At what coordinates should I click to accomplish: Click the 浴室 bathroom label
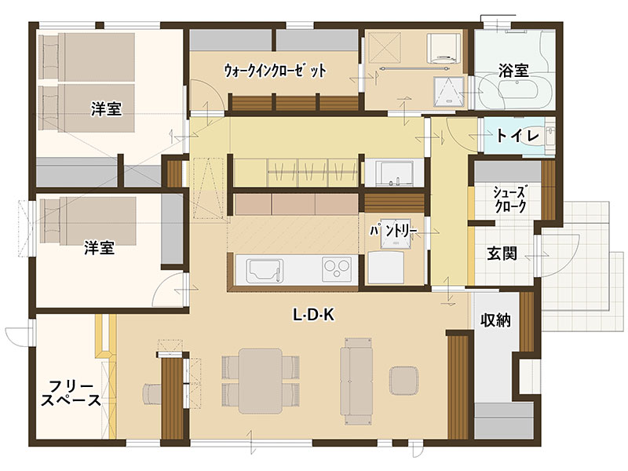[513, 71]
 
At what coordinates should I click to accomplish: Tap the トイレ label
[517, 136]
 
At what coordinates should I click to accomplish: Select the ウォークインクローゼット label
[275, 71]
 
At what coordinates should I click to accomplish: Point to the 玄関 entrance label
[502, 253]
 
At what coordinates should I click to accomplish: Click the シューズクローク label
[509, 199]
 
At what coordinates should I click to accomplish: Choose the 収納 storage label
[495, 320]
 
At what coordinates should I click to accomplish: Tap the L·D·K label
[313, 316]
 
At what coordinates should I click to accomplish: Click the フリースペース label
[71, 393]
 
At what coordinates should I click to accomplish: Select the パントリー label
[393, 231]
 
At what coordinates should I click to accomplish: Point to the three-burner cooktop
[338, 268]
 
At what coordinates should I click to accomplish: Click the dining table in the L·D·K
[261, 381]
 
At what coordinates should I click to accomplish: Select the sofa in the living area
[357, 381]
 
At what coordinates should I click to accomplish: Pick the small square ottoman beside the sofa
[403, 380]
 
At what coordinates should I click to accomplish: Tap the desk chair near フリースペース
[152, 394]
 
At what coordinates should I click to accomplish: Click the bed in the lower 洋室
[88, 221]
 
